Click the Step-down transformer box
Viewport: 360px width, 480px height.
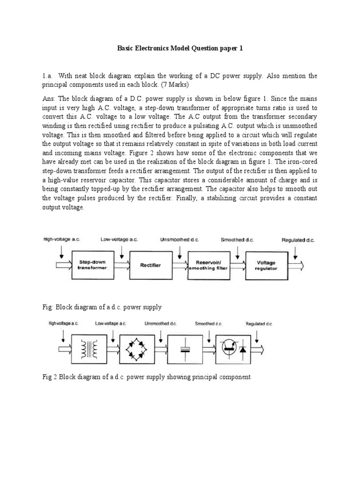point(92,265)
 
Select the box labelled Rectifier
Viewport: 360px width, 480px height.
point(150,265)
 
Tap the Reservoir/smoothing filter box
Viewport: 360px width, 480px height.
point(209,265)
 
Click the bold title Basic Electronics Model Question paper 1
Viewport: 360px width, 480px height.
point(180,48)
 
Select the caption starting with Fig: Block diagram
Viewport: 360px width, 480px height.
point(102,307)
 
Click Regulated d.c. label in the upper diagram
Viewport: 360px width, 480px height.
point(298,240)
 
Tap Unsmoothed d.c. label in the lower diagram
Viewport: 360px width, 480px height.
point(160,323)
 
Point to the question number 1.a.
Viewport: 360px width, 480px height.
point(48,76)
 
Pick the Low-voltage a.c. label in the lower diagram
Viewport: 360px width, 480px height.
point(111,323)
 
